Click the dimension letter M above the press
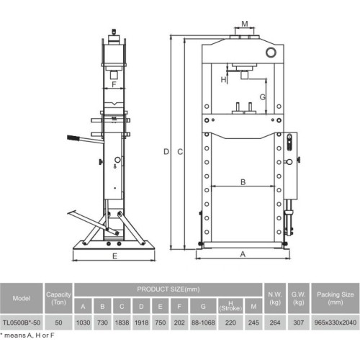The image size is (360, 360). tap(245, 24)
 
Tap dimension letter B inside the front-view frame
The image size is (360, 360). tap(243, 182)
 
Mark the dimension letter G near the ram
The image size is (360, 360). tap(263, 96)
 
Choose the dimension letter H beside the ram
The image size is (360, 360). tap(224, 78)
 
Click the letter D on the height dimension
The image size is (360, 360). tap(165, 151)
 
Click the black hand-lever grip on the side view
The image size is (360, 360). tap(72, 138)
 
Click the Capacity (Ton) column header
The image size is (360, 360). tap(58, 297)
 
